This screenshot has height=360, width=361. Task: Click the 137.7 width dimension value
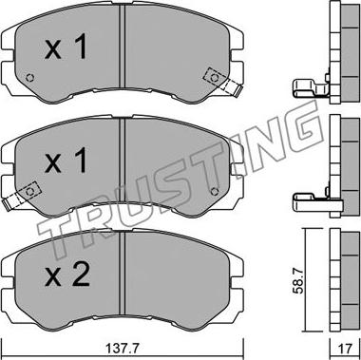(122, 349)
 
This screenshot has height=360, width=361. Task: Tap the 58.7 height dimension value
(299, 280)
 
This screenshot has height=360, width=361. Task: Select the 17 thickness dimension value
(345, 349)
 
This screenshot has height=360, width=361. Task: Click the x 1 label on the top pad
(66, 47)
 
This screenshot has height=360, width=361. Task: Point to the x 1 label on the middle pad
(66, 161)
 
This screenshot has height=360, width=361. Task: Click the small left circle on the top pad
(29, 78)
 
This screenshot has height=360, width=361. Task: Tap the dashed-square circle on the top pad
(215, 78)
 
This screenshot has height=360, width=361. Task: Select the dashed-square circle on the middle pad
(29, 191)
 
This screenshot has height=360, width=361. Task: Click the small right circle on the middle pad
(215, 191)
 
